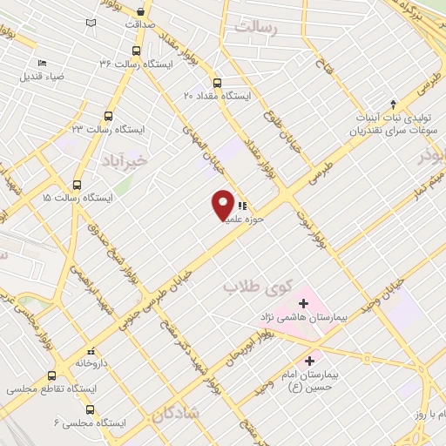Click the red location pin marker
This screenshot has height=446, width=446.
pyautogui.click(x=224, y=204)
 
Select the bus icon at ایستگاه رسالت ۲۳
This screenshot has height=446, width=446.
pyautogui.click(x=109, y=116)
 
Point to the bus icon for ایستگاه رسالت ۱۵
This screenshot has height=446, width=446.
pyautogui.click(x=78, y=185)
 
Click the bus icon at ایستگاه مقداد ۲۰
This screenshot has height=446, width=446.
pyautogui.click(x=217, y=84)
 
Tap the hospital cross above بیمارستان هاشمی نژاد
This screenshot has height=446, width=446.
pyautogui.click(x=303, y=303)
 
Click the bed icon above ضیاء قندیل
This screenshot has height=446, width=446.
pyautogui.click(x=42, y=63)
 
